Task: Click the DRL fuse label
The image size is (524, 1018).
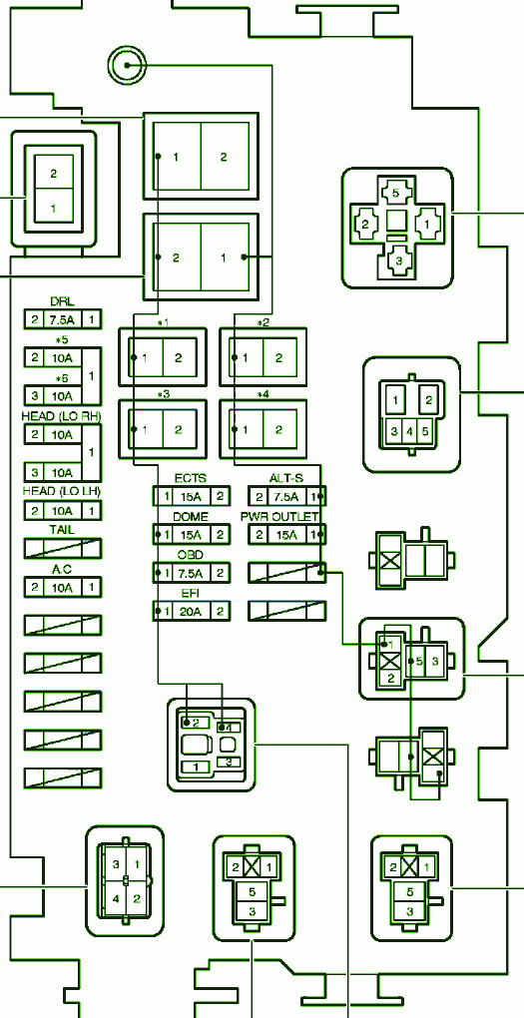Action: (x=62, y=301)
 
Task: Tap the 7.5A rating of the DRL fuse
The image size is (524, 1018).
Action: (x=62, y=319)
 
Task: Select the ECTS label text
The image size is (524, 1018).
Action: (x=191, y=478)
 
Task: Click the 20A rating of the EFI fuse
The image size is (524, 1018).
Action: (x=192, y=611)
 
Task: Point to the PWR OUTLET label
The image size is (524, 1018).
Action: (x=279, y=517)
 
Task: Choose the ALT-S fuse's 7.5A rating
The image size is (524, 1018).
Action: (x=285, y=497)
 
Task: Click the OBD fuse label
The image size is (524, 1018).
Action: (x=191, y=555)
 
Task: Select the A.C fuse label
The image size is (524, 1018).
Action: (x=62, y=569)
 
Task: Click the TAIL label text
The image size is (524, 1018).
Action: (x=62, y=530)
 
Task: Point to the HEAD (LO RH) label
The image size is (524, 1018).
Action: (x=62, y=415)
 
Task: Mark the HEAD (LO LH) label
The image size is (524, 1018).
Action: (x=62, y=491)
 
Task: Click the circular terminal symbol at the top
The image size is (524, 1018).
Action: (x=128, y=65)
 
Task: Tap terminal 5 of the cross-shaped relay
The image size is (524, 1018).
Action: (x=395, y=193)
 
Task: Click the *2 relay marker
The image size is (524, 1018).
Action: (x=262, y=322)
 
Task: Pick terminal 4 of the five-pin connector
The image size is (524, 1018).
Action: (x=411, y=430)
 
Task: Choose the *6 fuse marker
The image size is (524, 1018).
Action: (x=62, y=378)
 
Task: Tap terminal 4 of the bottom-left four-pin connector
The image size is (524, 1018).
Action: (x=116, y=899)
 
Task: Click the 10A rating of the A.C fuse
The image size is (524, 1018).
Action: (x=62, y=588)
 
